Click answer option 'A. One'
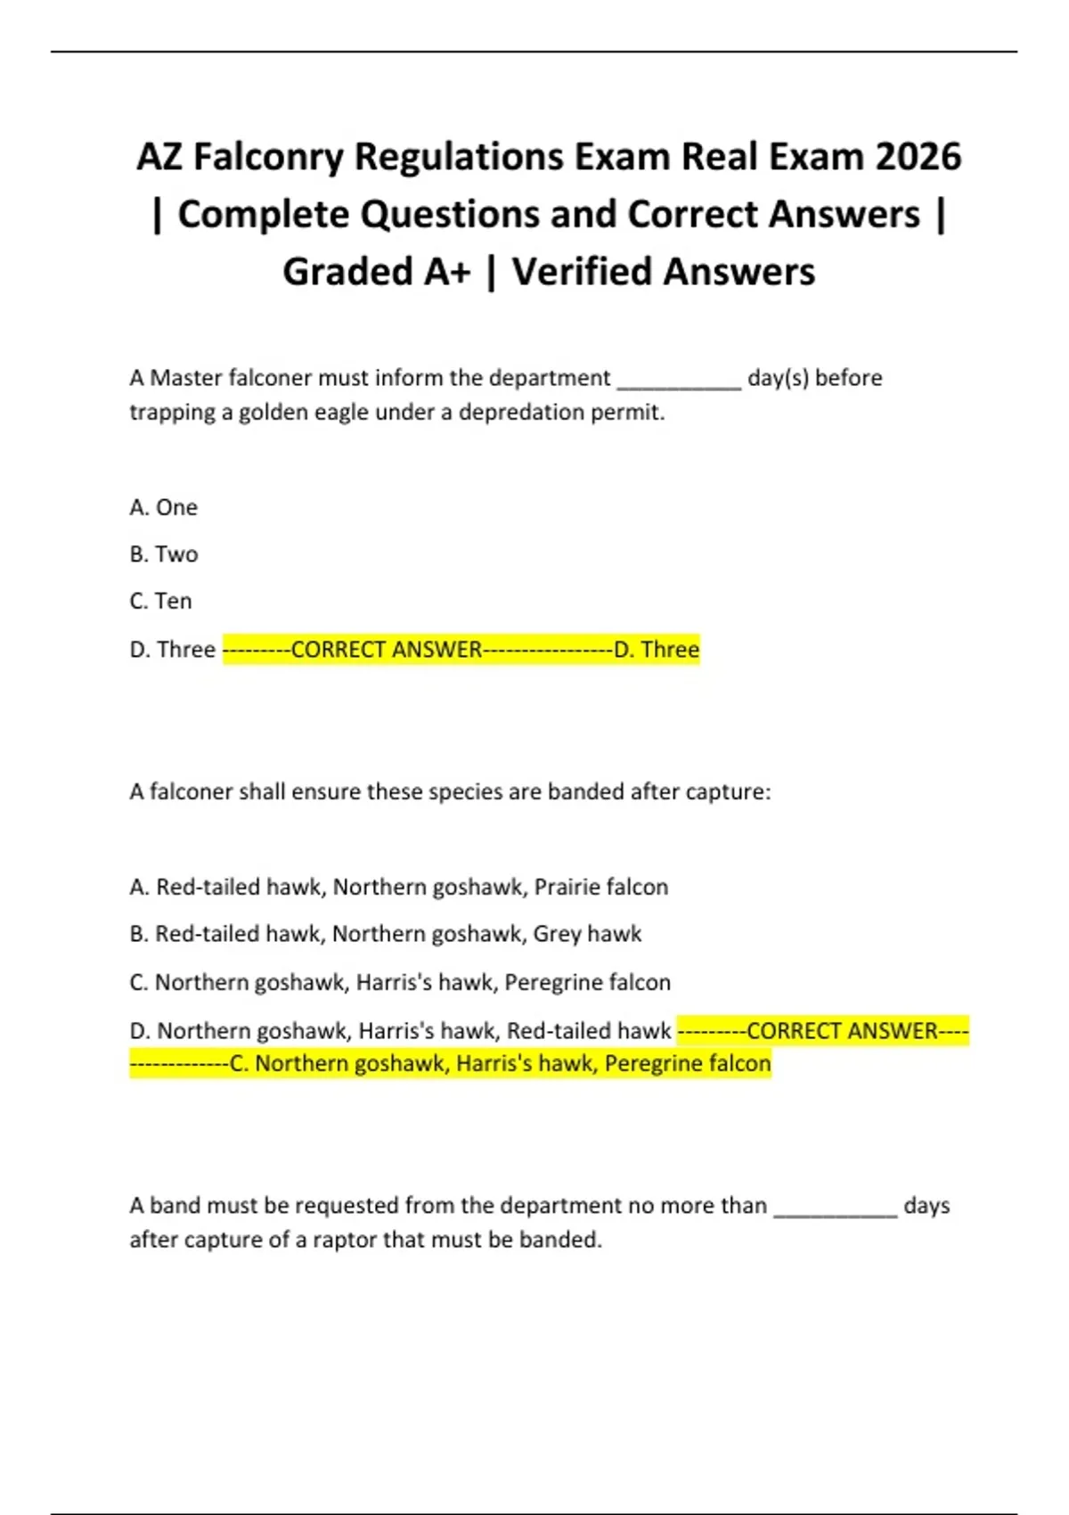tap(163, 507)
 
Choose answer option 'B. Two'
tap(163, 554)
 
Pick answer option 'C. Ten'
tap(160, 602)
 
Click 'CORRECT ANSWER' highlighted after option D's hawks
tap(842, 1031)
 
